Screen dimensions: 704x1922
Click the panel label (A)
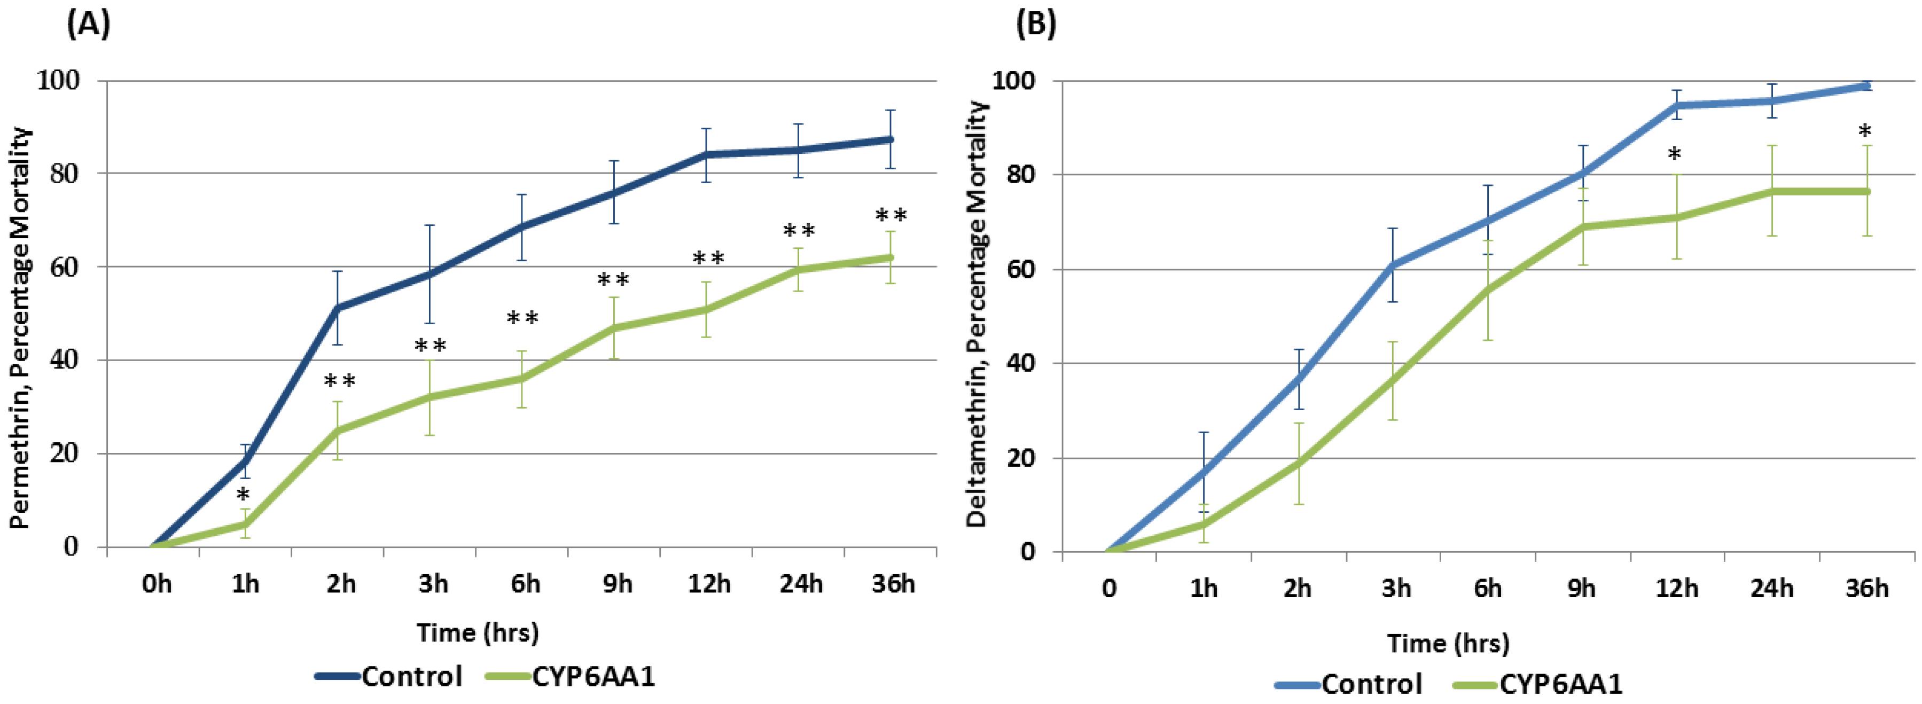coord(89,25)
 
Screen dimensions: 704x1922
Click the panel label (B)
coord(1036,25)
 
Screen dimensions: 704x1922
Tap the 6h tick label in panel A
coord(525,583)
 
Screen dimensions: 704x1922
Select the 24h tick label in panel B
coord(1771,589)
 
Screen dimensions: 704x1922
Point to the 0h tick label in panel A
coord(157,583)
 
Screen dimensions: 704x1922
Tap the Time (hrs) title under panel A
coord(478,632)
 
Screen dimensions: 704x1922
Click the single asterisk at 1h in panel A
coord(243,495)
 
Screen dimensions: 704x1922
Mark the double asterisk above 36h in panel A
coord(891,216)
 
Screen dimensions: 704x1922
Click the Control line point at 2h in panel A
coord(337,307)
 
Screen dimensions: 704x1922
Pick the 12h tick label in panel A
coord(709,583)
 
